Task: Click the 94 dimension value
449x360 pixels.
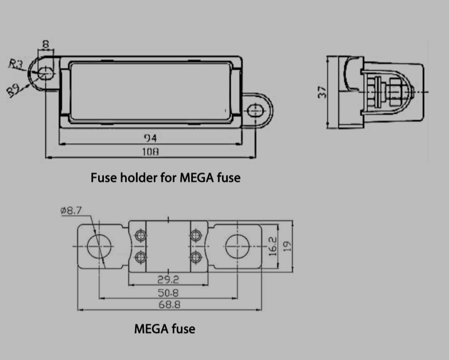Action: [x=150, y=138]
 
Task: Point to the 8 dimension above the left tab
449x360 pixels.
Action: [x=46, y=45]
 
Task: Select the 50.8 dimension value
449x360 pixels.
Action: [x=168, y=293]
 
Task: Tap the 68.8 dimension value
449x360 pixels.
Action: [x=169, y=305]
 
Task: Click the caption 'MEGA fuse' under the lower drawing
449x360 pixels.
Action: [x=165, y=328]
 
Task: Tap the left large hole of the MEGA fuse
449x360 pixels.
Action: [x=100, y=246]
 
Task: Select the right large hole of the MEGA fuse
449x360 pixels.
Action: [x=237, y=246]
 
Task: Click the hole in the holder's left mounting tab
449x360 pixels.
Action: [x=45, y=73]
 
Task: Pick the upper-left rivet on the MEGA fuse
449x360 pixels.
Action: [x=140, y=236]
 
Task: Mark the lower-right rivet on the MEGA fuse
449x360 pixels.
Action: [x=195, y=257]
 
